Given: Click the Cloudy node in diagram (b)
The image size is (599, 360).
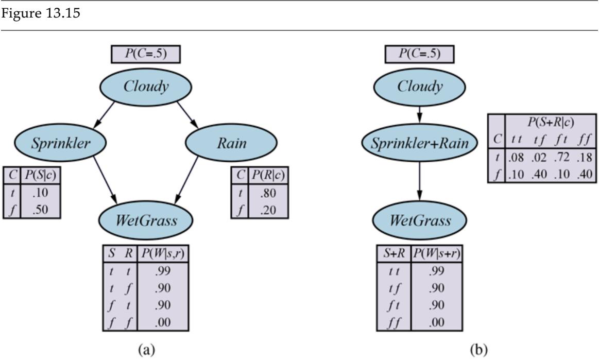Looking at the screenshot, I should [420, 87].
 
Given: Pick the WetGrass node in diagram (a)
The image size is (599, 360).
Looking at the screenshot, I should [145, 221].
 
